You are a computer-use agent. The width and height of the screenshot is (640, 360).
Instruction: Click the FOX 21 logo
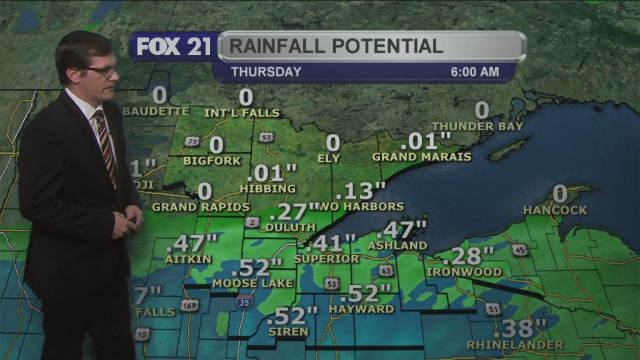(174, 47)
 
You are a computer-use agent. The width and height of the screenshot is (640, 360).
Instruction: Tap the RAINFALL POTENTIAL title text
(336, 46)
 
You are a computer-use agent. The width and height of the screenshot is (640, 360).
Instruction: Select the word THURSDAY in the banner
(266, 72)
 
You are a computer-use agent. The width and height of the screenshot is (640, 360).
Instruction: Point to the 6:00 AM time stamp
(475, 72)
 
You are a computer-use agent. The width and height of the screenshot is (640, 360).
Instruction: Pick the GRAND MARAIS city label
(422, 156)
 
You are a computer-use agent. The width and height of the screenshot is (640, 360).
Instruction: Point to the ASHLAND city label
(397, 246)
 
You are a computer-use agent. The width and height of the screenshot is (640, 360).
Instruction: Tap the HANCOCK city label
(556, 210)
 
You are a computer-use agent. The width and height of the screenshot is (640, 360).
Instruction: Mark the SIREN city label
(287, 331)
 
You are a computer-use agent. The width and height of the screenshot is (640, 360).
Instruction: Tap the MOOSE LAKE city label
(252, 283)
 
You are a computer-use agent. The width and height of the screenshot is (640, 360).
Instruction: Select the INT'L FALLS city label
(242, 113)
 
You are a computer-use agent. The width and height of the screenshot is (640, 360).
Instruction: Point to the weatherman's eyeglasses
(104, 72)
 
